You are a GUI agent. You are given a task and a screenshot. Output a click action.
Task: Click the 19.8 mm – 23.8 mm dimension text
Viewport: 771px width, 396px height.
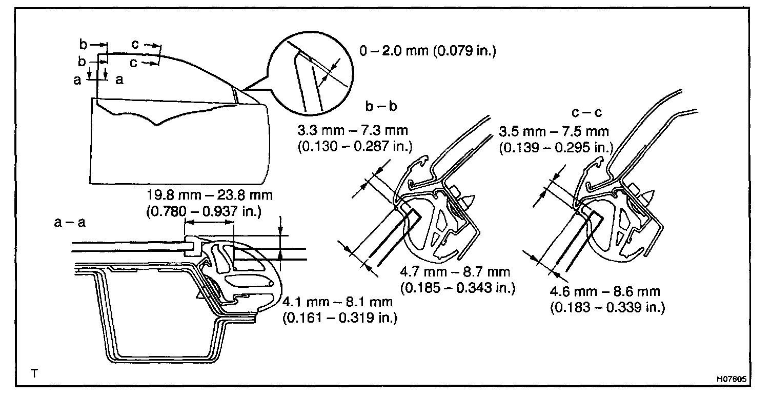(x=210, y=195)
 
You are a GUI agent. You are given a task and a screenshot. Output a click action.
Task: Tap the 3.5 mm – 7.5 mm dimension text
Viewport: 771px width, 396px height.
(x=554, y=132)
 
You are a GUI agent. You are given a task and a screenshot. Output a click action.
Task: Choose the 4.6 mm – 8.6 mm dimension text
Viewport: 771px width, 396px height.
(x=605, y=292)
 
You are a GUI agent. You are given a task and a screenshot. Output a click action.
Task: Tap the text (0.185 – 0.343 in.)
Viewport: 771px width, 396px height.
(x=457, y=287)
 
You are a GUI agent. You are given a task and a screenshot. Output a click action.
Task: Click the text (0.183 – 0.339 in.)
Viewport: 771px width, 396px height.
(x=607, y=307)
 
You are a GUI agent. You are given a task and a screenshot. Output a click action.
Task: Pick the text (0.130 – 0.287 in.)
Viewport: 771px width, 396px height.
(x=354, y=147)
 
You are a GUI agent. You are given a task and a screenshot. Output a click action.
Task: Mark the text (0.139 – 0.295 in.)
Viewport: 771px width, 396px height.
(x=555, y=147)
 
